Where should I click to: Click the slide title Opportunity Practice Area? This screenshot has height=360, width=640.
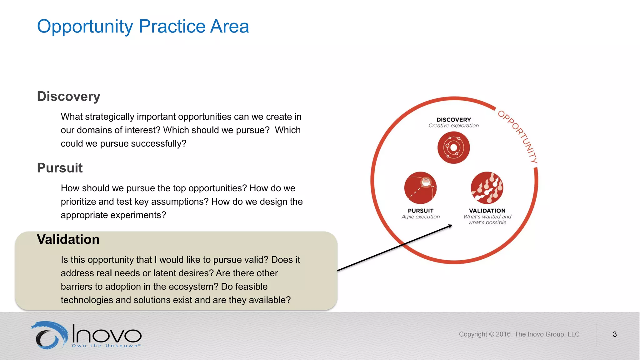(143, 26)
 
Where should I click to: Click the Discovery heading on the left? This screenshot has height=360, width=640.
(68, 97)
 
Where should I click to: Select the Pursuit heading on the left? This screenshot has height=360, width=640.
(60, 168)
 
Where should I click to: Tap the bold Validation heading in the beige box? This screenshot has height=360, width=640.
(68, 240)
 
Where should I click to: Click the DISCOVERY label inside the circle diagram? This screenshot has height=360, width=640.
(453, 120)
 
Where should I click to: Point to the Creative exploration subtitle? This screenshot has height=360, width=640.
(453, 126)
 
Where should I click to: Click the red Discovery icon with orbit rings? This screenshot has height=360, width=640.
(453, 147)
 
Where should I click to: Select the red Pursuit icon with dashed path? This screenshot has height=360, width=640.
(420, 188)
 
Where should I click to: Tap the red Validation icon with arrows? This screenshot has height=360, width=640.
(487, 188)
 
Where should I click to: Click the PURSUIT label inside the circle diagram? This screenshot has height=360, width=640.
(421, 211)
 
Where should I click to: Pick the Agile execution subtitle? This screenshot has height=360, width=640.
(421, 217)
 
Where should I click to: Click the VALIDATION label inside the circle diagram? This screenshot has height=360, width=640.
(487, 211)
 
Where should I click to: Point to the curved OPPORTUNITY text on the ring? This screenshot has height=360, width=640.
(519, 136)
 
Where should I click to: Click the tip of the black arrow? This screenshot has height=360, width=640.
(452, 225)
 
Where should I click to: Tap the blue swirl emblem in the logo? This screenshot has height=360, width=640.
(49, 335)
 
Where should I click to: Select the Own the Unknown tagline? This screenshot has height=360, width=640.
(106, 346)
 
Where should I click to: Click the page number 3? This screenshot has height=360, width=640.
(615, 334)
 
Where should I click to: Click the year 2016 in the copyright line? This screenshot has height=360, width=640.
(503, 334)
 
